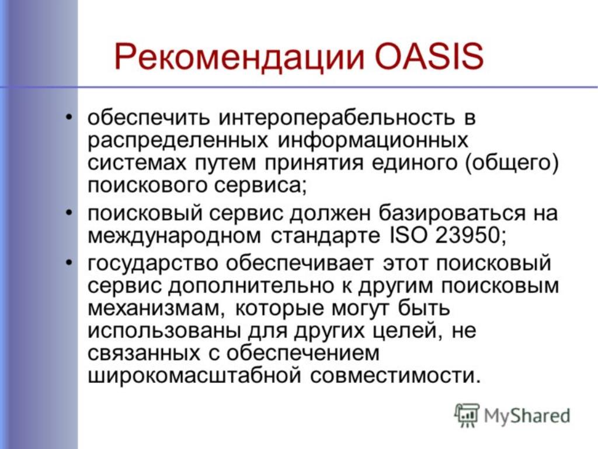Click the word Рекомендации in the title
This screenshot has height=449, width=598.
tap(239, 57)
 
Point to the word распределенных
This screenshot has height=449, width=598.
tap(178, 140)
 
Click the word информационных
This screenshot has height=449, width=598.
tap(373, 140)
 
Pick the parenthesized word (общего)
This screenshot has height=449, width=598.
tap(512, 163)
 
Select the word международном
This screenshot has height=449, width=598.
tap(174, 236)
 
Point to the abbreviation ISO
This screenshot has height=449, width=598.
tap(408, 235)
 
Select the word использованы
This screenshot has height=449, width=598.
tap(164, 331)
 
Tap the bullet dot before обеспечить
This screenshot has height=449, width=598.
tap(69, 116)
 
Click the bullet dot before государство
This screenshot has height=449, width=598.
tap(69, 263)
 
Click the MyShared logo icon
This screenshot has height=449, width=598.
tap(467, 415)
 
